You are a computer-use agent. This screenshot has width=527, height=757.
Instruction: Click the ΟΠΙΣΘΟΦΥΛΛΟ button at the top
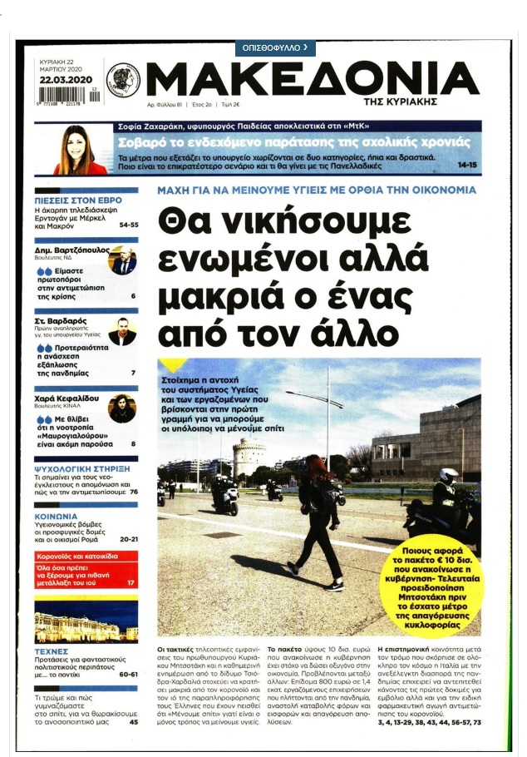[x=274, y=47]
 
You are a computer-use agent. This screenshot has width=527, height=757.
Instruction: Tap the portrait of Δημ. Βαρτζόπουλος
[x=122, y=260]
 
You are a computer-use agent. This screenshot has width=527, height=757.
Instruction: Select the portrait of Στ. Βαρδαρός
[x=122, y=330]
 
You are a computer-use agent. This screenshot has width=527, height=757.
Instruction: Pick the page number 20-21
[x=128, y=540]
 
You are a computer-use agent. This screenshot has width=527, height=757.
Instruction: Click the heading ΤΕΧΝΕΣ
[x=51, y=651]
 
